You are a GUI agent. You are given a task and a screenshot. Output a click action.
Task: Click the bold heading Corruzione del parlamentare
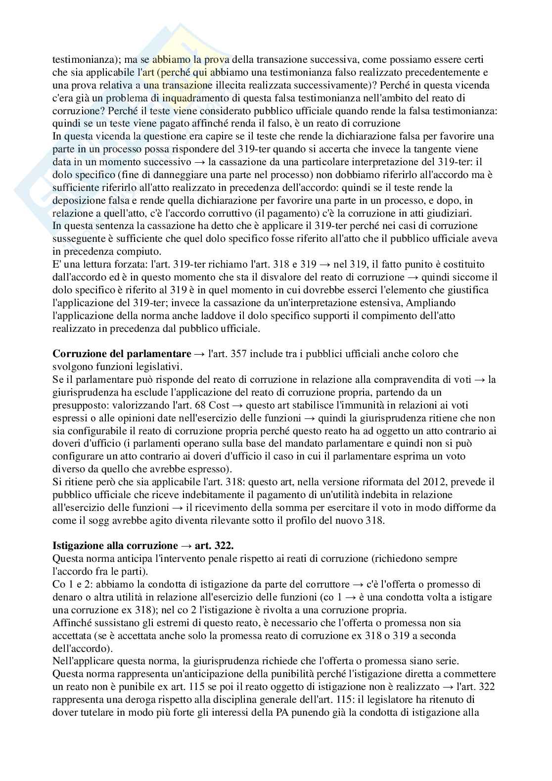(121, 354)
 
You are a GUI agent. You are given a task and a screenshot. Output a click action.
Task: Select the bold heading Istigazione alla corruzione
(115, 546)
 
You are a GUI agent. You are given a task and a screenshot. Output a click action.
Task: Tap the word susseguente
(77, 238)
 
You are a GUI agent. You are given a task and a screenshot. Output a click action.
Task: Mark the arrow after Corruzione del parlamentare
(199, 354)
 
